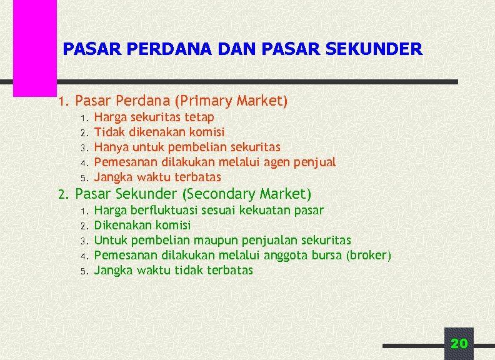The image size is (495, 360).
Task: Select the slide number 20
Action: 459,343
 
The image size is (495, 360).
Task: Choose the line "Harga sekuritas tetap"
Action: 154,117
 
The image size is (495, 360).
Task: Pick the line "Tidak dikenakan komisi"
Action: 159,132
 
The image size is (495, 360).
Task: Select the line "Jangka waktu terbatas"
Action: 157,177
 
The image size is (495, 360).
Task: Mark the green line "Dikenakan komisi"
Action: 142,225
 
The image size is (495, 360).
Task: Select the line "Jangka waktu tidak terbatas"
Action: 173,270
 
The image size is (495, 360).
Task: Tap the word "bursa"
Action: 329,255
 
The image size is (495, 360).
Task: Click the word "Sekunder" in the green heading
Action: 148,194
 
